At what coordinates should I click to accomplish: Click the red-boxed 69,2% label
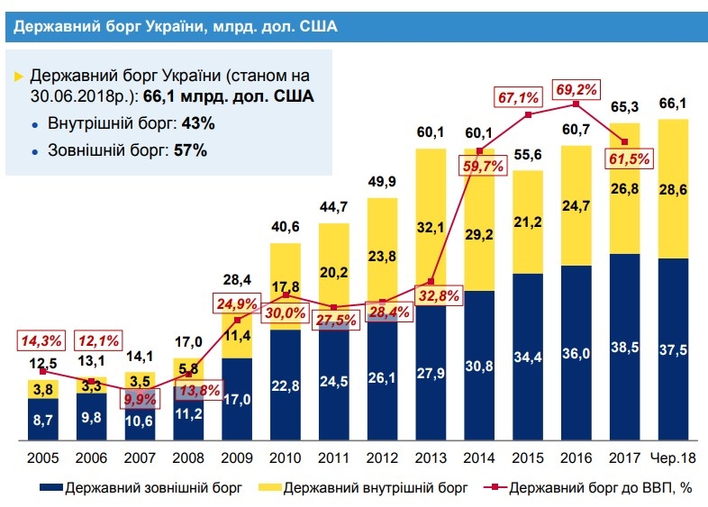(577, 90)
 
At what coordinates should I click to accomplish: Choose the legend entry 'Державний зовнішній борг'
(141, 489)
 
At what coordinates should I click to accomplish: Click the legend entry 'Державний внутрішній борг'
(368, 489)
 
